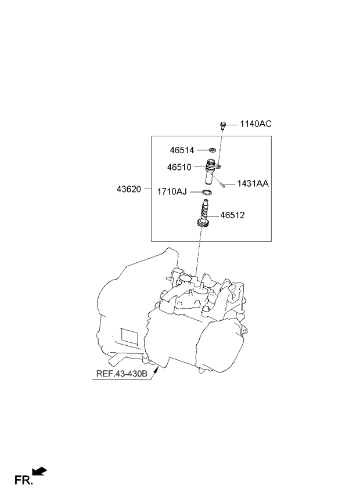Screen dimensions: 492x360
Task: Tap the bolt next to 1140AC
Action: [223, 125]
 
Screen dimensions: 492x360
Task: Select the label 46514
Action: [182, 150]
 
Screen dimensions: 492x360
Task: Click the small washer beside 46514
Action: [213, 150]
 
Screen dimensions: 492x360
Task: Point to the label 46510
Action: [179, 167]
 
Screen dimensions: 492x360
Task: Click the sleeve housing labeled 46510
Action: [210, 174]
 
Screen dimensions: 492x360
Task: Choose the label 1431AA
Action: [253, 183]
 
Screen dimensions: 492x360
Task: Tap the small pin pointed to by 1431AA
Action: [223, 184]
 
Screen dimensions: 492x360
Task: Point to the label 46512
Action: [232, 215]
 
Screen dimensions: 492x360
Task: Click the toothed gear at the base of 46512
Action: [203, 224]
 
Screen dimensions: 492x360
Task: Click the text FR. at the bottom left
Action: [23, 479]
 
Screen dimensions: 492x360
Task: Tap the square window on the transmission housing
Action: [128, 336]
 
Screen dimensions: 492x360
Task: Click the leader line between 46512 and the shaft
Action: [217, 215]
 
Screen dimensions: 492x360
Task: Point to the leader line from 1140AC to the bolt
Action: [232, 124]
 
